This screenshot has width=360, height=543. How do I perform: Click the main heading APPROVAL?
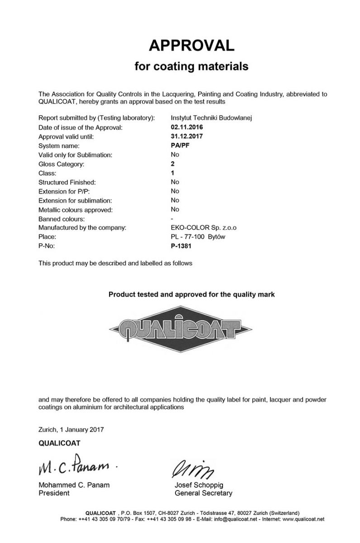pos(192,45)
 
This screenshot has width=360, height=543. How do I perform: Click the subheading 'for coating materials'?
pos(192,67)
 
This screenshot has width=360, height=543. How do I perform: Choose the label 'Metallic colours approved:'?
pos(76,210)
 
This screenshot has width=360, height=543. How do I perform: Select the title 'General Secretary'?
pos(203,493)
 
